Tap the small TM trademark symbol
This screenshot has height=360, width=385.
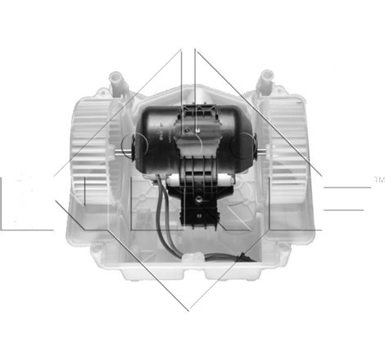coord(378,177)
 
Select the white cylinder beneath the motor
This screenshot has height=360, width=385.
coord(190,177)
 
